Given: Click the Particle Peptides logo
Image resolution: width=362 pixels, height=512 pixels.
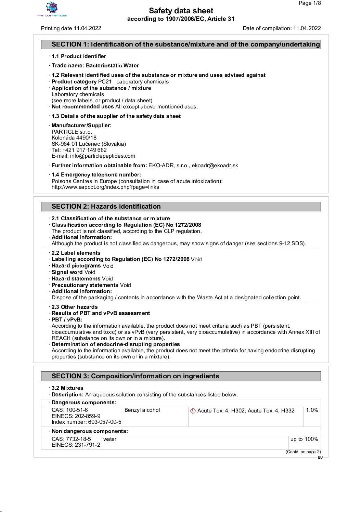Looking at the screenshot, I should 52,9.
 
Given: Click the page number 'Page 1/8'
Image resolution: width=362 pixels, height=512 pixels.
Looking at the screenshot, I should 309,3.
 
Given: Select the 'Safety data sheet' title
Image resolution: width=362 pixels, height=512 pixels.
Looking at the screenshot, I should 181,11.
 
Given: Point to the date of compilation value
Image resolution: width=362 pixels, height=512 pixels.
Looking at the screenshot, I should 307,28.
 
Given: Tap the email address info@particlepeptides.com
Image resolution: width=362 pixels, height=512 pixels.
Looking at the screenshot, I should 102,156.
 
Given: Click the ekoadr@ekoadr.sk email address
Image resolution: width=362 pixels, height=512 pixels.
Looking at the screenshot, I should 215,166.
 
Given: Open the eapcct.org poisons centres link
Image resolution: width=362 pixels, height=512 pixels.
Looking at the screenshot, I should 105,187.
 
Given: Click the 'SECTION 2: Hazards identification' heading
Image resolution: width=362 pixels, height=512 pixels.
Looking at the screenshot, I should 106,207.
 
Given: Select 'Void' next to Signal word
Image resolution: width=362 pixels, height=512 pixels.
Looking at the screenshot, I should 90,272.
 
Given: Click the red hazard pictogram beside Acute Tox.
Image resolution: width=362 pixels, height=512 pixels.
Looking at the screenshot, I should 193,411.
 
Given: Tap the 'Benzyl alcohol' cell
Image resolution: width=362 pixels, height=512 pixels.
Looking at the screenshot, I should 142,410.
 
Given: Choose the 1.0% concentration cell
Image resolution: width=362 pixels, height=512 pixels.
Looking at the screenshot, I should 312,410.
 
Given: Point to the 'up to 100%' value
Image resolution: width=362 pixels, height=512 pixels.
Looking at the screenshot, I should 304,439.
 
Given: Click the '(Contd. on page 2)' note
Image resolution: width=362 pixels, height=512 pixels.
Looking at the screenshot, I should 303,452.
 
